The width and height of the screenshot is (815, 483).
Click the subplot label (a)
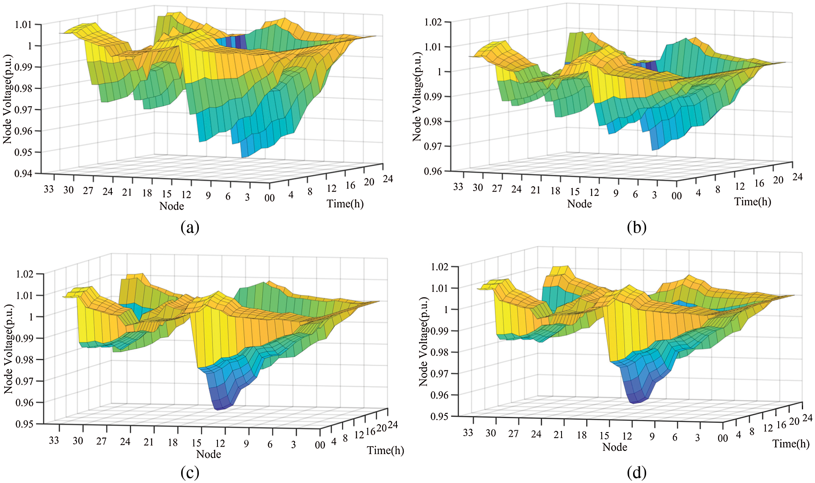click(x=190, y=228)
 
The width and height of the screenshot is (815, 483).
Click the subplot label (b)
click(x=636, y=228)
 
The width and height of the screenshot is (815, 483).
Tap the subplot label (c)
click(x=190, y=472)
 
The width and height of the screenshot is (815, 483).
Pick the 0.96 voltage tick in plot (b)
click(x=432, y=171)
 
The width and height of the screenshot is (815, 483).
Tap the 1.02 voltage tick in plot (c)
click(x=24, y=274)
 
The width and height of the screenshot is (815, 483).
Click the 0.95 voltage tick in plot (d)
click(x=439, y=416)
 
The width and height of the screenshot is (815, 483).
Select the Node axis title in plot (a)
click(x=171, y=206)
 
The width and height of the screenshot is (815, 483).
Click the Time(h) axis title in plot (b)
click(x=752, y=202)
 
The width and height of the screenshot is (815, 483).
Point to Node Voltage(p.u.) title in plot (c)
click(x=8, y=349)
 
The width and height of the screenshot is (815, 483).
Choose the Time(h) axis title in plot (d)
click(x=790, y=444)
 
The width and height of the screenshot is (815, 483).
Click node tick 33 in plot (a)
click(x=49, y=189)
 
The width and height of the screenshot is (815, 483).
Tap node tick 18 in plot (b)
click(x=555, y=191)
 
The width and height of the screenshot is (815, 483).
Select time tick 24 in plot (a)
click(x=388, y=179)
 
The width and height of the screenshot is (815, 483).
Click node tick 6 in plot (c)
click(x=270, y=444)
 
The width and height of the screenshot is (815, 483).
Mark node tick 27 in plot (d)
click(x=513, y=434)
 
